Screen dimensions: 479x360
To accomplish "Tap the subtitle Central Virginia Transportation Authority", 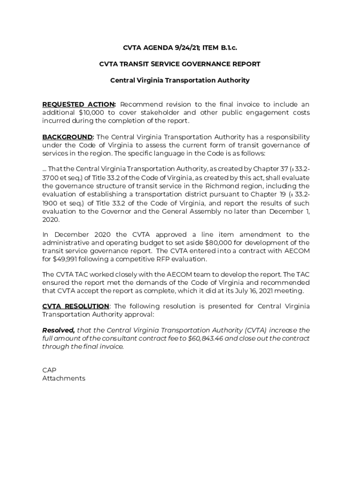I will (x=180, y=80).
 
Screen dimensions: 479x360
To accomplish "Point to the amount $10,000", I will (x=93, y=113).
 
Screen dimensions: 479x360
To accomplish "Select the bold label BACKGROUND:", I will (x=68, y=137).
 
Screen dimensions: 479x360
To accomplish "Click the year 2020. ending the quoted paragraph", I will (x=51, y=220).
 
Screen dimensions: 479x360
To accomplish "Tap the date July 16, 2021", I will (x=250, y=291).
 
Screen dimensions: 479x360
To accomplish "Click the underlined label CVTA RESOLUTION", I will (x=75, y=306).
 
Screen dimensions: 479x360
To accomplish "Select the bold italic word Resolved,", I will (x=58, y=330).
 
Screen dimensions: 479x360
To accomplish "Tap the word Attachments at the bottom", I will (x=64, y=378).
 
